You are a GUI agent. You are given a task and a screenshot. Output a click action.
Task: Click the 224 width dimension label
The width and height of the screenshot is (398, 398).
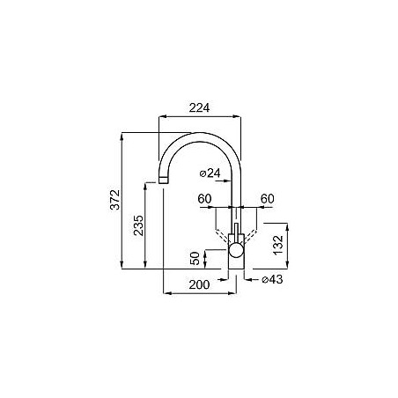coord(199,107)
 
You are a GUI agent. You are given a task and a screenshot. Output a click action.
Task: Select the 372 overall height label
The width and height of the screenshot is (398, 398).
coord(115,200)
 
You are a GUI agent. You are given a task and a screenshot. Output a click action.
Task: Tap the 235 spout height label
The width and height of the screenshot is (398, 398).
coord(138,225)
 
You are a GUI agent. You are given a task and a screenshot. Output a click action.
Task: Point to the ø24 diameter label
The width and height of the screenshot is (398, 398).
coord(210,173)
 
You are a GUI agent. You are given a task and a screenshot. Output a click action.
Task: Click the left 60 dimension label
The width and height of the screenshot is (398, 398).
coord(204,199)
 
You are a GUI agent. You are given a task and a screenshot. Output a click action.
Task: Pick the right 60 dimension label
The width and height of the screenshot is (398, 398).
coord(268,199)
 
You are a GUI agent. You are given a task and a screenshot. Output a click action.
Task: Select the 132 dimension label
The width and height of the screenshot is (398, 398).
coord(278,245)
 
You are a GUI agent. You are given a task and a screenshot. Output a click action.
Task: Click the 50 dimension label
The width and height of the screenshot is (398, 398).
coord(195,258)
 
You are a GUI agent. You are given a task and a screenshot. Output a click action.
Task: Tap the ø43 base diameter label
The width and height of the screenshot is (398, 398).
coord(272,279)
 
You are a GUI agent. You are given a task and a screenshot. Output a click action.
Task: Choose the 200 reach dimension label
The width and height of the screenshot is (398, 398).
coord(199,284)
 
